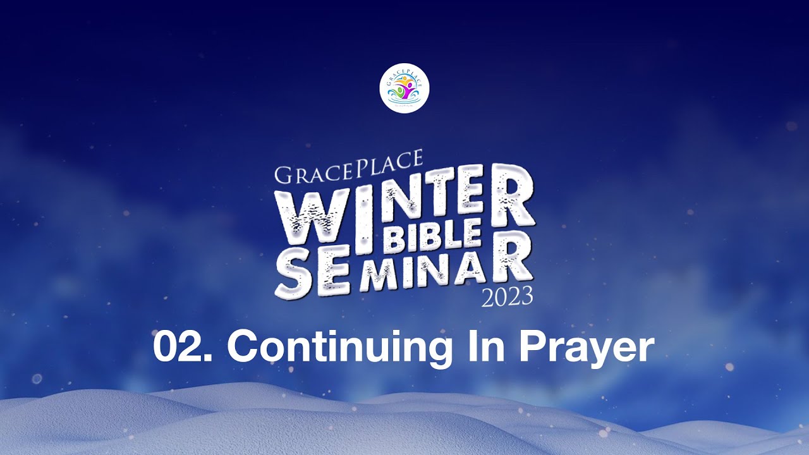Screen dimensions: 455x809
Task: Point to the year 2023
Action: (x=507, y=296)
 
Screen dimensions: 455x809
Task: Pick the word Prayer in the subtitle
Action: (x=588, y=348)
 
